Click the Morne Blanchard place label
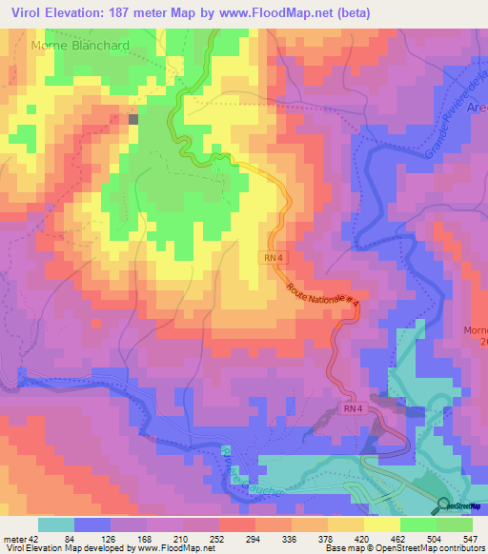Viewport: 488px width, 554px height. tap(80, 45)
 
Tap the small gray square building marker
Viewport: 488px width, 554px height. tap(133, 119)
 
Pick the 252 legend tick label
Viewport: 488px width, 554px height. tap(219, 538)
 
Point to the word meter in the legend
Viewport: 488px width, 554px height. tap(13, 538)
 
